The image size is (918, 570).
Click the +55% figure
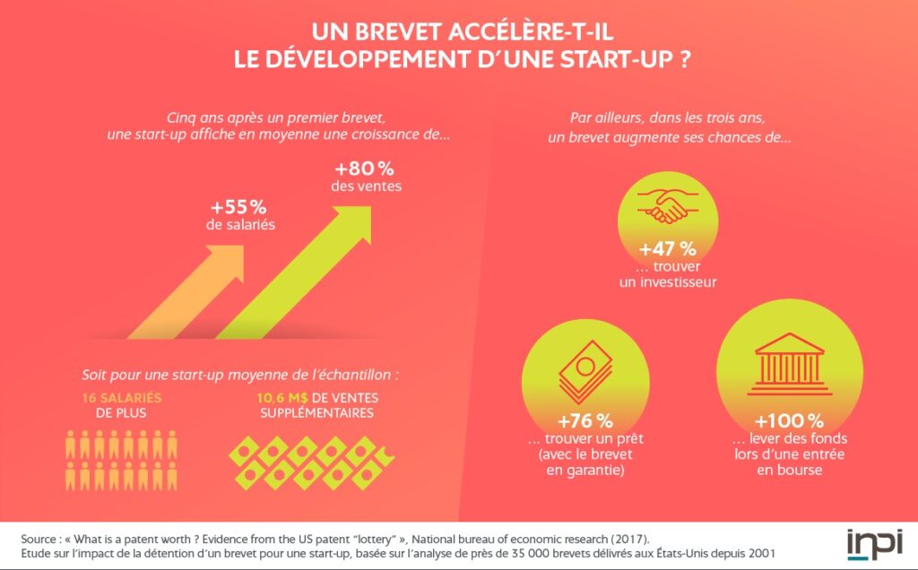(x=239, y=206)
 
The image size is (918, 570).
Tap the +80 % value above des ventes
(x=365, y=168)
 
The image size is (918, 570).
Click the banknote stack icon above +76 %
(x=585, y=372)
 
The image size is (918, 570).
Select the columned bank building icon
(x=789, y=362)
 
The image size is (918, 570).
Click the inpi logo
(x=873, y=543)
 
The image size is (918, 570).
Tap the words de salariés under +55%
(x=239, y=225)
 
